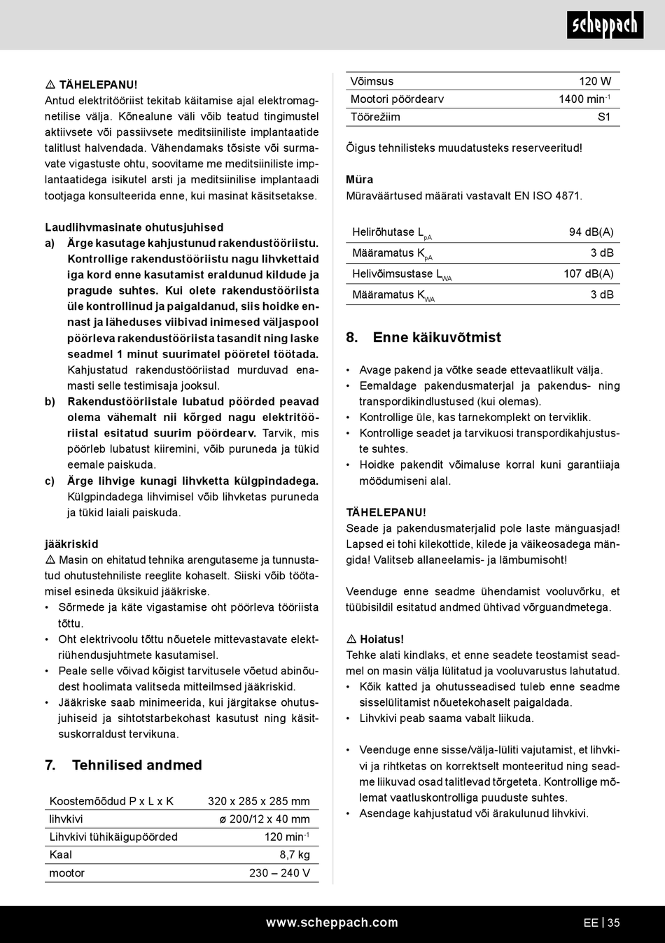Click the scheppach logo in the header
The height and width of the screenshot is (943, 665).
(x=605, y=25)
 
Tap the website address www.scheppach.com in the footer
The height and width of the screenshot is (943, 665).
(x=332, y=923)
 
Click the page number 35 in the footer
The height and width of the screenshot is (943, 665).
(x=613, y=923)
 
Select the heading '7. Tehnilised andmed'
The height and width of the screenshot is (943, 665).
(x=123, y=765)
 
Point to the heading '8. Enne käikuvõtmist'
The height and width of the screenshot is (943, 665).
(x=423, y=338)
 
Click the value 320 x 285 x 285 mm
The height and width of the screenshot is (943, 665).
(x=258, y=802)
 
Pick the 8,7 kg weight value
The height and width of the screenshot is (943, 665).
(x=295, y=855)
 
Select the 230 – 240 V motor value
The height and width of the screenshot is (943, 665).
(x=279, y=873)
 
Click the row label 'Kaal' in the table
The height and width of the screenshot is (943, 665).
(x=61, y=855)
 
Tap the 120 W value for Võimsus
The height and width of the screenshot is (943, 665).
(x=595, y=81)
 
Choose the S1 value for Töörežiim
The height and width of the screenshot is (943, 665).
(x=604, y=117)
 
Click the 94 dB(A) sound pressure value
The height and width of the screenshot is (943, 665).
(x=591, y=232)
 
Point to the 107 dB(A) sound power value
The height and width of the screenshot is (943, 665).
(x=588, y=274)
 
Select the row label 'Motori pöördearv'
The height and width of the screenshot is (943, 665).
(x=397, y=99)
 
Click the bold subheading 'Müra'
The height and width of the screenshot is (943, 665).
(x=360, y=180)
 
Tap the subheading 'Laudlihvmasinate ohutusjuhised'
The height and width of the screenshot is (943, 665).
(x=134, y=227)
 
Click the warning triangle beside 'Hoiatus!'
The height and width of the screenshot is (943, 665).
(x=351, y=639)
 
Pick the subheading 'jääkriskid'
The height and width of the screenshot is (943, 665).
(x=71, y=544)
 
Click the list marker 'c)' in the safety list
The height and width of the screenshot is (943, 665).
(x=50, y=481)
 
